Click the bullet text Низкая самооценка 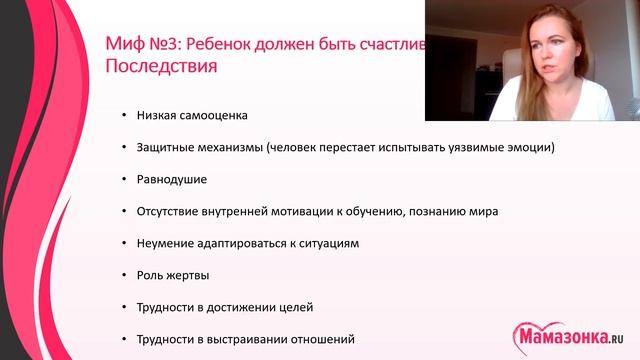click(x=192, y=115)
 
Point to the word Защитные click(x=166, y=147)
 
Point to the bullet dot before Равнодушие click(x=123, y=180)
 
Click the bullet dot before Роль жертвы click(x=123, y=276)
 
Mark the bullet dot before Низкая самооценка click(x=123, y=116)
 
